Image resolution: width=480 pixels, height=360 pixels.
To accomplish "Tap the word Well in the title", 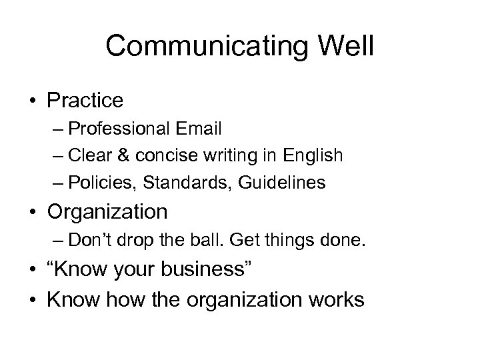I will click(344, 46).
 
